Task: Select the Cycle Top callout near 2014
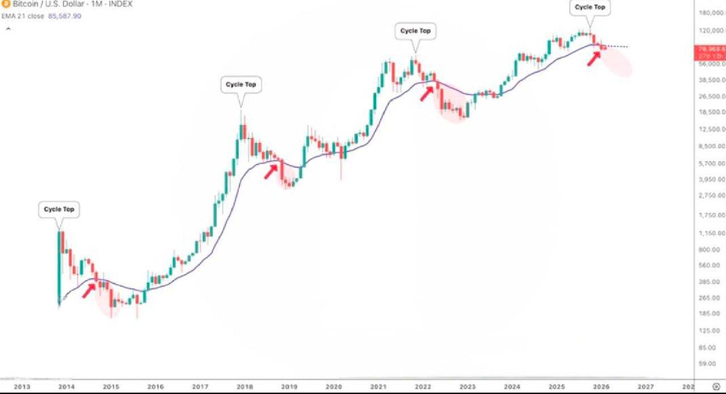point(59,209)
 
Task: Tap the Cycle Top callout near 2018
point(241,84)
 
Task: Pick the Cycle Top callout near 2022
point(416,31)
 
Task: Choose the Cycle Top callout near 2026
point(590,7)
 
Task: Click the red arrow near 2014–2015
point(89,290)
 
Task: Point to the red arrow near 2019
point(271,171)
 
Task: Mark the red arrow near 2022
point(427,93)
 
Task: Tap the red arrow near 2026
point(593,58)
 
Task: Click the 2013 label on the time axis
point(22,387)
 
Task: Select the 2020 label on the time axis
point(334,387)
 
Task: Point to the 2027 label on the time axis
point(645,387)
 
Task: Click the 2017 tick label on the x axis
point(200,387)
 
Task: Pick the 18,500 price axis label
point(711,112)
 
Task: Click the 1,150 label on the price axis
point(711,233)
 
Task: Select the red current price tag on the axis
point(710,52)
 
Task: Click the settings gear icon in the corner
point(715,387)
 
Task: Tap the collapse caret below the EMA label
point(9,28)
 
